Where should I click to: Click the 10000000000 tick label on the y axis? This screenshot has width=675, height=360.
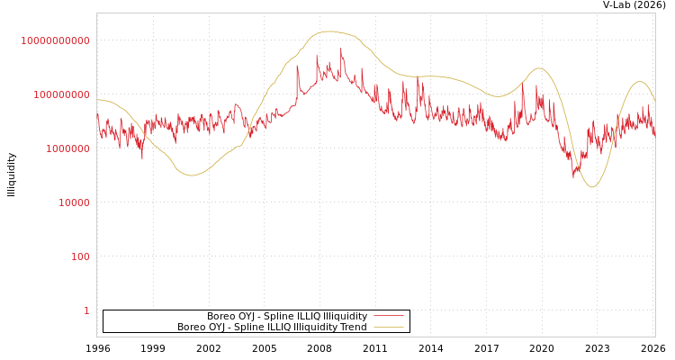(x=56, y=41)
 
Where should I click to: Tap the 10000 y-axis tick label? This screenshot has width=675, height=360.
(x=75, y=203)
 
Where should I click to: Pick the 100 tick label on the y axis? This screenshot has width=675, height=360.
(x=81, y=257)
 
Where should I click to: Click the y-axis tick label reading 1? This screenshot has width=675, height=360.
(x=87, y=311)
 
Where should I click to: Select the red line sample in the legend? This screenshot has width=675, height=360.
(x=388, y=317)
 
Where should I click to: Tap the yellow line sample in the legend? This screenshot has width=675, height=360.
(x=388, y=328)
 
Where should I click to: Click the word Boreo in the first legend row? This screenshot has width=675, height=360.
(x=221, y=317)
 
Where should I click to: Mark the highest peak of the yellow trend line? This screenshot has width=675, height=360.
(x=329, y=31)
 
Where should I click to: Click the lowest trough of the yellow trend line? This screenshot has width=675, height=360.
(x=591, y=187)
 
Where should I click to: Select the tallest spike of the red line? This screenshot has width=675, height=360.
(x=341, y=49)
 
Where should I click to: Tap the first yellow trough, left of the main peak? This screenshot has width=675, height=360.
(x=192, y=175)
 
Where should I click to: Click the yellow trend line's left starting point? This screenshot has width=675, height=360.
(x=97, y=100)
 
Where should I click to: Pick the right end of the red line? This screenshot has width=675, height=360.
(x=655, y=135)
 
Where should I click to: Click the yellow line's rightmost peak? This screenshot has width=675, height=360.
(x=640, y=82)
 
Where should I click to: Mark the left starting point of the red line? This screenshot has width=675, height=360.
(x=97, y=113)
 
